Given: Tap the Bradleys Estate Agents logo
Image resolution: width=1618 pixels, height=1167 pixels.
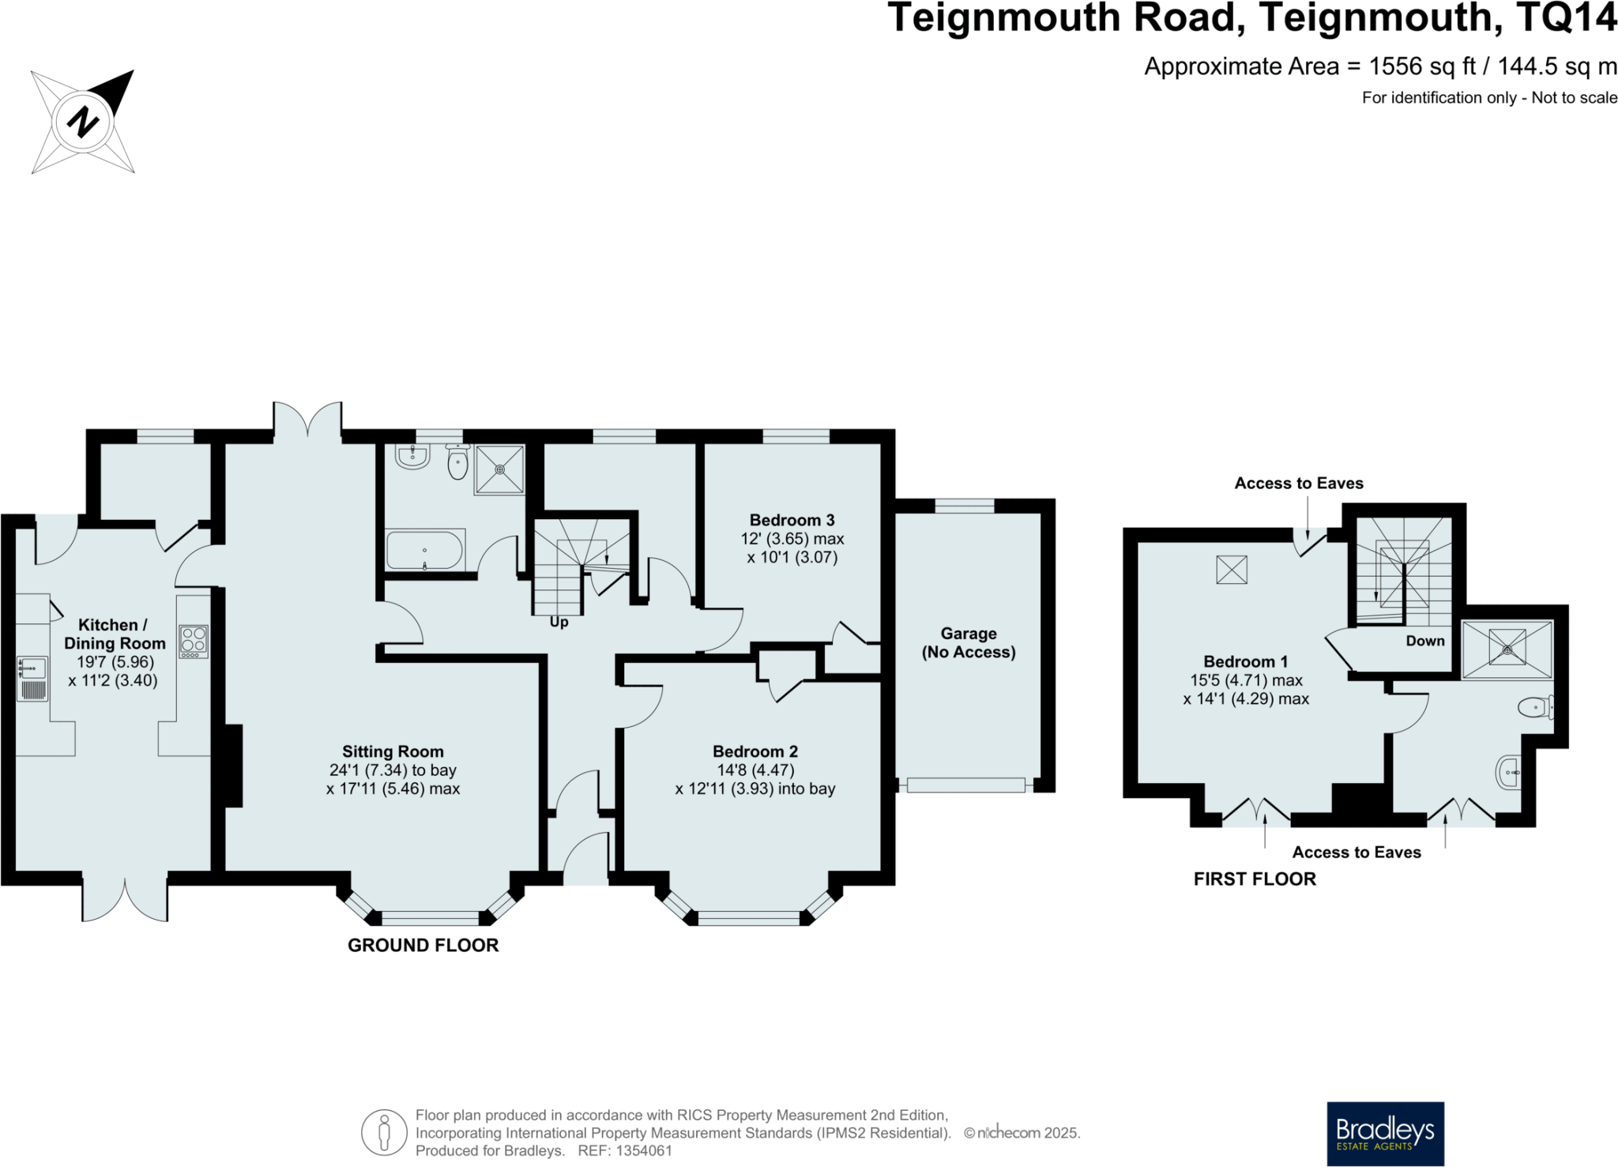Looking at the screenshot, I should pos(1385,1133).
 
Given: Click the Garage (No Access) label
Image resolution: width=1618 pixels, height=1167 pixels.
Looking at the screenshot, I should pos(969,642).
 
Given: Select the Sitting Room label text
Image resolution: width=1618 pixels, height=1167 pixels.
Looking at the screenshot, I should pos(393,751).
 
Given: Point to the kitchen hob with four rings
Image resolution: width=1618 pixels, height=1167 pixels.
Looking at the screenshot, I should pos(194,642).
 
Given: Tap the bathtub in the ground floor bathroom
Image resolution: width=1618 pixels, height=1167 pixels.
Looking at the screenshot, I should pos(424,550).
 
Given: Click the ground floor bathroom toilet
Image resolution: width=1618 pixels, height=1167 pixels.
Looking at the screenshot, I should pos(457,462).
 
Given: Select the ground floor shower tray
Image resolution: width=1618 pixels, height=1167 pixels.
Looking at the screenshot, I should pos(499,470).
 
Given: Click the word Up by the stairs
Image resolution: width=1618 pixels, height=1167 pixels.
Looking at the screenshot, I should pos(559,622).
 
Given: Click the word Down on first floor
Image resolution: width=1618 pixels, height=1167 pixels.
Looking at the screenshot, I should pos(1424,641).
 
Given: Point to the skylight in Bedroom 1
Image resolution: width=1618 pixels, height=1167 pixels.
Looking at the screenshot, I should pos(1231,570).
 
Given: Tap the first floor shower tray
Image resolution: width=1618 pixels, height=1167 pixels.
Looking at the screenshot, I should pos(1507,649).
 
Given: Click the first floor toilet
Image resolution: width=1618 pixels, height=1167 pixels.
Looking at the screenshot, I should pos(1536,707).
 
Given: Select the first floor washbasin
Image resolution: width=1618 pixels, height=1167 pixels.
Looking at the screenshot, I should pos(1508,771).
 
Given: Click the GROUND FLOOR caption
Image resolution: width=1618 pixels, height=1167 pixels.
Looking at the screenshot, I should pos(423,945).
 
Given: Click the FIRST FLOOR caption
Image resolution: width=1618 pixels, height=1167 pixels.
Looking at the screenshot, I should pos(1254,879).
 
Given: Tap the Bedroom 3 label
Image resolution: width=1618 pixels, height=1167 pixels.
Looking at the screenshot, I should pos(792,520).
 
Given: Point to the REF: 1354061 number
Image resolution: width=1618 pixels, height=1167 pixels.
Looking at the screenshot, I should pos(625,1150).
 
